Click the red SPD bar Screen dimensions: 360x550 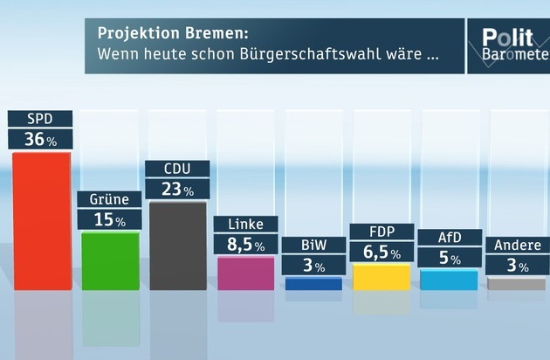point(41,220)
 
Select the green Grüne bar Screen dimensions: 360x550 point(109,260)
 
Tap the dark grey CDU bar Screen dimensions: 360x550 point(177,246)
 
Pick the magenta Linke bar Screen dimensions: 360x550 point(245,273)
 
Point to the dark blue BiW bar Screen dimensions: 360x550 point(313,284)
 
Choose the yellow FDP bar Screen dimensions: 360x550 point(382,277)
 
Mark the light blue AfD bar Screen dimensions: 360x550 point(449,280)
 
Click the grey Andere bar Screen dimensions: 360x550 point(517,284)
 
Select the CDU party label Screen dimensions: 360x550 point(177,169)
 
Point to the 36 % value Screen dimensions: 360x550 point(40,139)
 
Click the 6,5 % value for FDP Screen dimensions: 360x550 point(382,253)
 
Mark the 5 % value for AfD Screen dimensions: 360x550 point(449,259)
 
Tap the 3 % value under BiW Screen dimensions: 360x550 point(313,266)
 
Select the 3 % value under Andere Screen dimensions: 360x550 point(517,266)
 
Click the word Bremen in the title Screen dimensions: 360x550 point(219,33)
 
